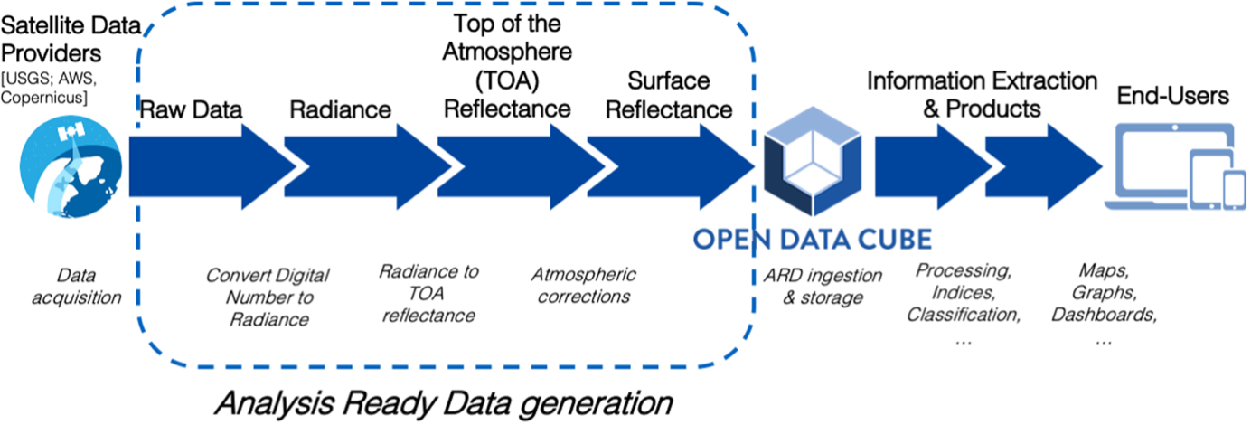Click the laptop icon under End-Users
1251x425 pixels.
pos(1148,164)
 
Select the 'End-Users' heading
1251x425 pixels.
pos(1173,96)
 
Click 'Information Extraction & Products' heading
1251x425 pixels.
pos(982,96)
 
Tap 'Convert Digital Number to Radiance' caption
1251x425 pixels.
pos(268,297)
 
